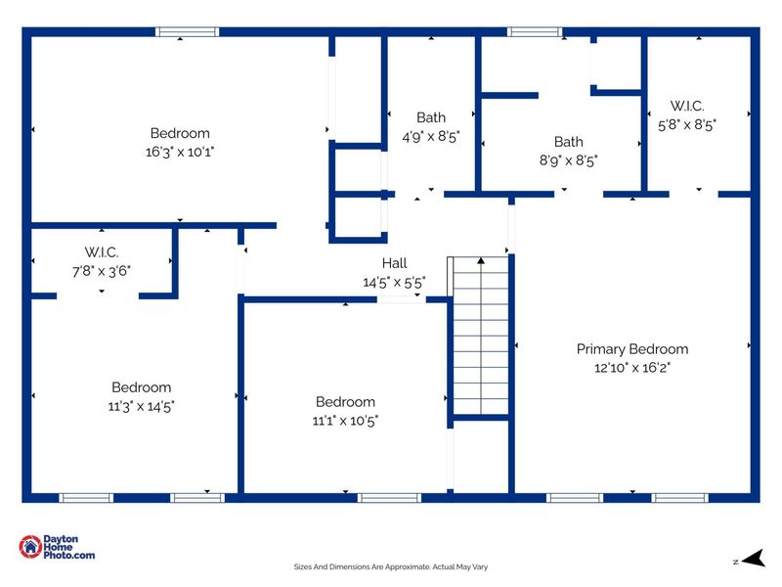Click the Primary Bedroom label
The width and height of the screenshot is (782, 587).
click(631, 349)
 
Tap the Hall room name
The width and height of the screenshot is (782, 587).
click(395, 263)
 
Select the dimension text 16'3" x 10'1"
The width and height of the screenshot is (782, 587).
click(180, 152)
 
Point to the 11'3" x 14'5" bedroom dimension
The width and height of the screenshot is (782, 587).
click(141, 406)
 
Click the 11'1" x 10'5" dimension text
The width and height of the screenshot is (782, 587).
click(345, 421)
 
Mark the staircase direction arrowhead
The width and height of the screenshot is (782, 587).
click(481, 260)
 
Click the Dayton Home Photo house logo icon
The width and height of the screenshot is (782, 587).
click(30, 547)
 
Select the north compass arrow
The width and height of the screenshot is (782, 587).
click(754, 558)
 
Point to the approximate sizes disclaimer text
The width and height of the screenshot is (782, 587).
click(390, 566)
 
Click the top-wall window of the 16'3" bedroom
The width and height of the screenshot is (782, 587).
click(187, 32)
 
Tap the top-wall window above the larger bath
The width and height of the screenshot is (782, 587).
click(535, 32)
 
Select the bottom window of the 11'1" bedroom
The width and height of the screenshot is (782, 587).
click(389, 498)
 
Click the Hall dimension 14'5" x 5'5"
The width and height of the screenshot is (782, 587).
click(394, 283)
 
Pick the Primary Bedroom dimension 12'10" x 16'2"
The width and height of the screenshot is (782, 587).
click(631, 368)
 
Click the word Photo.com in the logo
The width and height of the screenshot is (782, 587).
click(68, 555)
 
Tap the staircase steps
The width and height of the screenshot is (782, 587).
click(481, 336)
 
